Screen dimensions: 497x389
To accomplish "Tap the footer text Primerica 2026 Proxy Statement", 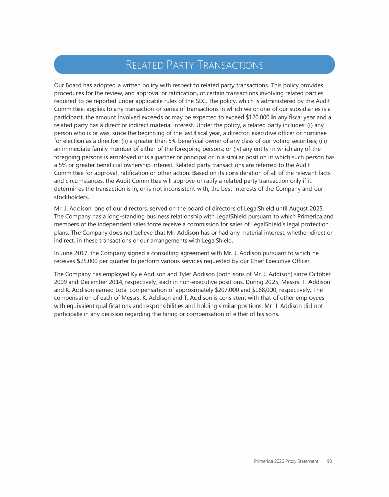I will [x=286, y=461].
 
